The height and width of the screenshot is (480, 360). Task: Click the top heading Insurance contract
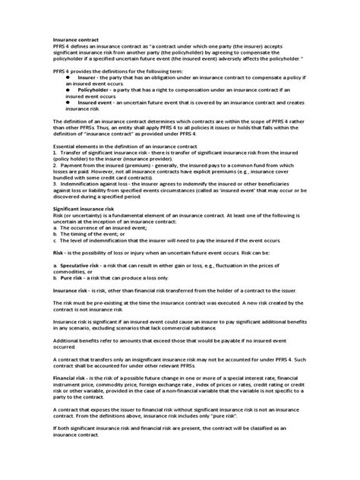(x=75, y=39)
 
